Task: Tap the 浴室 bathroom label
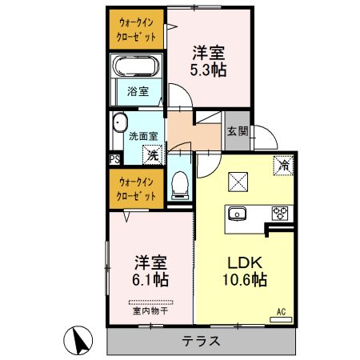click(x=138, y=91)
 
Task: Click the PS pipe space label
click(x=114, y=159)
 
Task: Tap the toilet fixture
click(x=180, y=186)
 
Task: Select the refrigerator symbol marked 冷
click(x=282, y=166)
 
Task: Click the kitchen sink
click(x=238, y=213)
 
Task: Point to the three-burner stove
click(x=280, y=213)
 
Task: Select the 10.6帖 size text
click(x=244, y=281)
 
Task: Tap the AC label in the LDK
click(x=281, y=311)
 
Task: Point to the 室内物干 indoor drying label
click(x=150, y=310)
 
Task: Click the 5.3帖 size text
click(x=208, y=70)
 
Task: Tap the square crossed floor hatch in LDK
click(x=239, y=182)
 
